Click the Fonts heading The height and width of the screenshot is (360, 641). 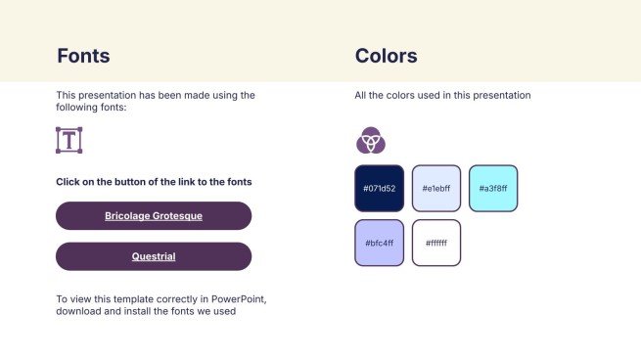coord(83,56)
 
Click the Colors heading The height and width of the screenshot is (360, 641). coord(386,56)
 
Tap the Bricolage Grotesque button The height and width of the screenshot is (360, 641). coord(154,216)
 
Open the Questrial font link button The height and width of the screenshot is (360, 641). coord(154,256)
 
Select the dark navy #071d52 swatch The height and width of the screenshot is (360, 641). coord(380,189)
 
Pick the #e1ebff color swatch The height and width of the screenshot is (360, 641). coord(436,189)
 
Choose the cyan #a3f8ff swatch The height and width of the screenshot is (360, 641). coord(493,189)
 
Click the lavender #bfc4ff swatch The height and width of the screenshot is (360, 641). coord(380,243)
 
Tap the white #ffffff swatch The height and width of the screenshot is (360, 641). coord(436,243)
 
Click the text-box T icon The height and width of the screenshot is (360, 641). coord(69,140)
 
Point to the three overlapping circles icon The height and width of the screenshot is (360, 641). coord(371,140)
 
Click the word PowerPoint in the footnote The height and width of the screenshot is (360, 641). coord(239,299)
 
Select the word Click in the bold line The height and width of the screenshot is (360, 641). coord(68,182)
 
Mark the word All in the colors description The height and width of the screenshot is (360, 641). coord(360,95)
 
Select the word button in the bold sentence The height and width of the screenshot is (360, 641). coord(131,182)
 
